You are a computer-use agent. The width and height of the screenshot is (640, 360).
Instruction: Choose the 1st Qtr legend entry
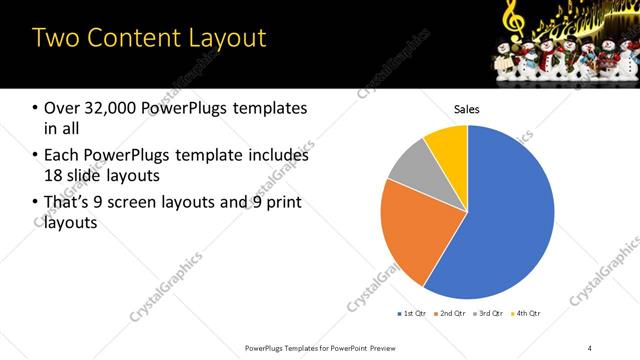(x=413, y=314)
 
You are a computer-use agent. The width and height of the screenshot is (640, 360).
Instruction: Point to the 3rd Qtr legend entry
(x=489, y=314)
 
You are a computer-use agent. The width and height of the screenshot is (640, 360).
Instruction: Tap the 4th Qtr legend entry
(x=526, y=314)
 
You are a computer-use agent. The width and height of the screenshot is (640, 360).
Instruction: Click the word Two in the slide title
(x=56, y=38)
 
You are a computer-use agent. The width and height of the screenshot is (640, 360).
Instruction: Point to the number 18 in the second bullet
(x=54, y=177)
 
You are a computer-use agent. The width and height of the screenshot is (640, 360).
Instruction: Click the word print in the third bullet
(x=283, y=203)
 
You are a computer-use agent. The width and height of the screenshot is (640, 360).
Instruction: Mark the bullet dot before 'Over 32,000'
(x=35, y=108)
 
